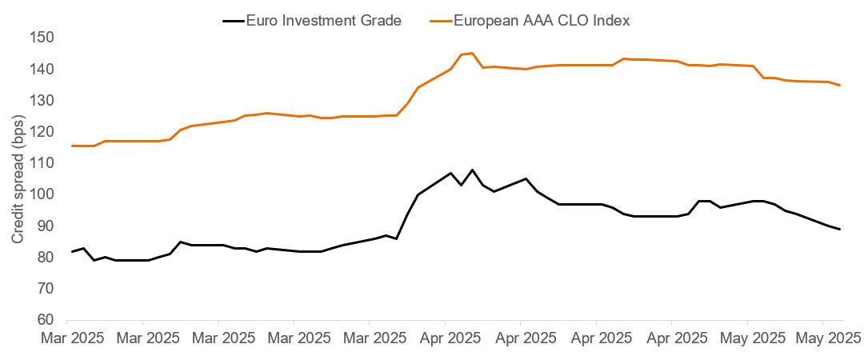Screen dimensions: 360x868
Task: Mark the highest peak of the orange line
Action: click(x=472, y=53)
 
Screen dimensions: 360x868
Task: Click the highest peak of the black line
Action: click(x=472, y=170)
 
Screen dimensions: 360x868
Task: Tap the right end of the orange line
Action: click(x=839, y=85)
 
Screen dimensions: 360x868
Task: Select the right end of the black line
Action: click(x=839, y=230)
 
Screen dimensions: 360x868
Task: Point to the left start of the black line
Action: click(x=72, y=252)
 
